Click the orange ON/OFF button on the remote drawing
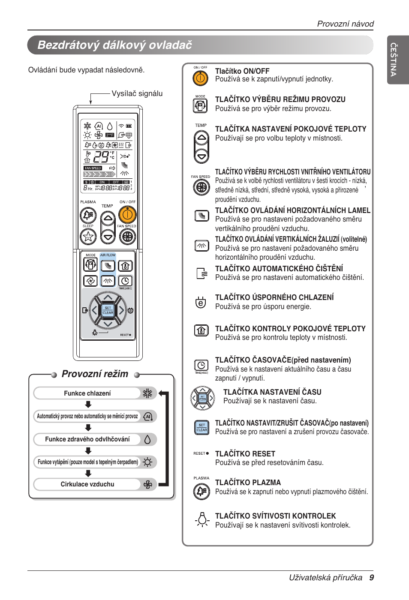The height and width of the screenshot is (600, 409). click(x=127, y=214)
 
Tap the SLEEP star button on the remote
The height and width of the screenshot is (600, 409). click(x=88, y=236)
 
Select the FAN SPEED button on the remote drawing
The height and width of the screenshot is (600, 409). click(x=127, y=236)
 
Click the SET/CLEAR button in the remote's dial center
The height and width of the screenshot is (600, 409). click(x=108, y=310)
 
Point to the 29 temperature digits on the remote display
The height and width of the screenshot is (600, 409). click(x=101, y=157)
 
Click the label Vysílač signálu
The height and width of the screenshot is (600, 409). click(x=137, y=93)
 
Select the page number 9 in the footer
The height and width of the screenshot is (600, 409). click(x=371, y=578)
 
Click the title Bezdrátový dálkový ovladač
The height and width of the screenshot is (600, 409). click(x=114, y=45)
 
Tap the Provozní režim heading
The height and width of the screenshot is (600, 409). click(x=95, y=374)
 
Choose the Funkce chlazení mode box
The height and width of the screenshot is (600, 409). click(x=87, y=393)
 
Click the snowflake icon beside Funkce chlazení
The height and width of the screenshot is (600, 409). click(x=147, y=393)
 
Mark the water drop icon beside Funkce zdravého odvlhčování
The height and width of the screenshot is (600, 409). click(x=147, y=439)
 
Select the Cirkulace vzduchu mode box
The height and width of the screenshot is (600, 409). click(x=87, y=484)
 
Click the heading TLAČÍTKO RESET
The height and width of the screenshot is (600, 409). click(x=245, y=453)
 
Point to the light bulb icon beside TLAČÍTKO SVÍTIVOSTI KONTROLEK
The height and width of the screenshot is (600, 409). click(x=202, y=519)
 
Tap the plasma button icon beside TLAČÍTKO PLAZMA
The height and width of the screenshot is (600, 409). click(x=201, y=491)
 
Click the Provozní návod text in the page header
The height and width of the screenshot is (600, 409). click(x=345, y=24)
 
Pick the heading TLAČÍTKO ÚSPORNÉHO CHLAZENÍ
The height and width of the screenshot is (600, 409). click(x=274, y=297)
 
